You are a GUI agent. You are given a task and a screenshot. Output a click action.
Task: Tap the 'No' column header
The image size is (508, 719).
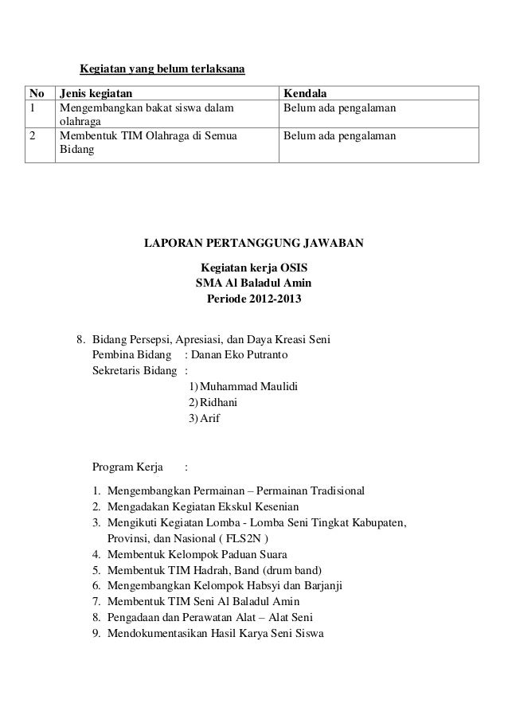pos(37,92)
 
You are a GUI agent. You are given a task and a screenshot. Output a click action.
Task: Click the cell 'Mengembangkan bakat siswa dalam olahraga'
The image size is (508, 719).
pos(148,115)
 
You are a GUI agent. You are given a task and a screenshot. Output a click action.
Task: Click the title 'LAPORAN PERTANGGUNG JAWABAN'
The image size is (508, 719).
pos(253,242)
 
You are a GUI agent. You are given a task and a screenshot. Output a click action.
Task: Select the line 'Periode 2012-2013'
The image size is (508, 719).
pos(254,301)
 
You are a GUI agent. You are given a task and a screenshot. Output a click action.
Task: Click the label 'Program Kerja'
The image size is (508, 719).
pos(128,467)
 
